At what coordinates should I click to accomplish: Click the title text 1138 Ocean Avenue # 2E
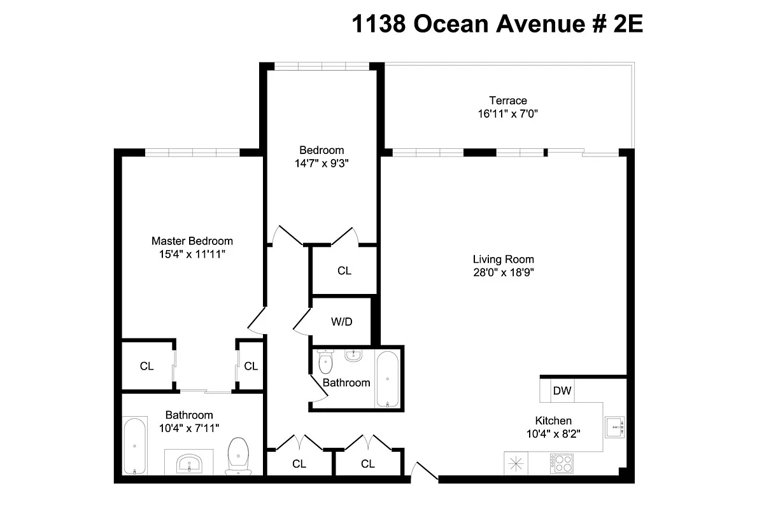[x=497, y=25]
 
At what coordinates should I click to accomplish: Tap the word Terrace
[x=507, y=101]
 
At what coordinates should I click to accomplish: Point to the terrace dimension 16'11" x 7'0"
[x=507, y=115]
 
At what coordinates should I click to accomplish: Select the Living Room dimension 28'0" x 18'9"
[x=503, y=273]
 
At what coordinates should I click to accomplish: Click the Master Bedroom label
[x=192, y=241]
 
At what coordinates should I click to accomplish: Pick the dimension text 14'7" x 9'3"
[x=322, y=164]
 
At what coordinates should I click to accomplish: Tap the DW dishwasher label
[x=562, y=391]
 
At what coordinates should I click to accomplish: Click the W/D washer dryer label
[x=341, y=321]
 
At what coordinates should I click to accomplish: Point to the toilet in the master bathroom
[x=238, y=455]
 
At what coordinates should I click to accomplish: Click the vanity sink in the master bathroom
[x=189, y=461]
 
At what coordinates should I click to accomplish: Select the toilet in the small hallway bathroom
[x=325, y=363]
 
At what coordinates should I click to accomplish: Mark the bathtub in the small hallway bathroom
[x=387, y=379]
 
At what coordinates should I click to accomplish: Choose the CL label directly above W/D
[x=344, y=271]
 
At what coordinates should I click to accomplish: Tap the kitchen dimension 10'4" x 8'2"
[x=553, y=434]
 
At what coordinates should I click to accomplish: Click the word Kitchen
[x=553, y=421]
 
